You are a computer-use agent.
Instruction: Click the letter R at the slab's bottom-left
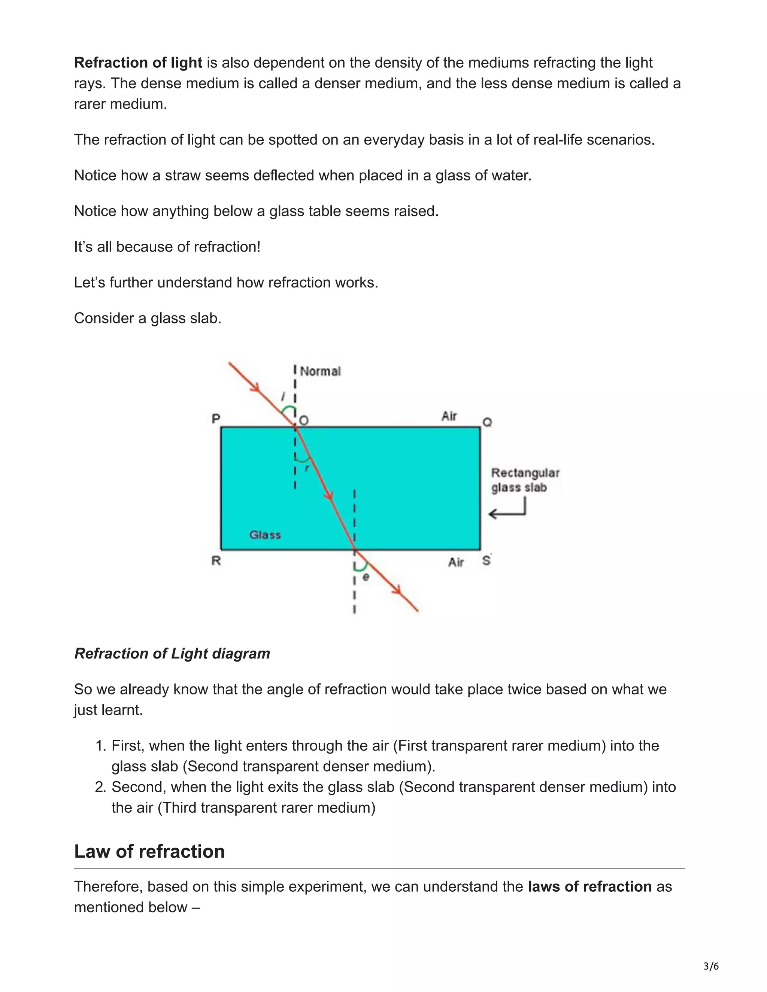216,561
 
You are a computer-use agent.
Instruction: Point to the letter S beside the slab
486,560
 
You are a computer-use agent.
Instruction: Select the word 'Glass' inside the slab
265,535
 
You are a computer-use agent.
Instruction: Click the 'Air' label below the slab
456,562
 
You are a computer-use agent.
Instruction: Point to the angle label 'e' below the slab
366,577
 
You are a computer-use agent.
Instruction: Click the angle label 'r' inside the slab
307,468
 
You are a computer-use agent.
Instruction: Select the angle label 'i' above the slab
284,396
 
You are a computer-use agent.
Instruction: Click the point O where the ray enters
303,421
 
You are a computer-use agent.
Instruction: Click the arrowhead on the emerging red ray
397,590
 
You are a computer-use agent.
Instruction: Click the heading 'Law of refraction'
149,851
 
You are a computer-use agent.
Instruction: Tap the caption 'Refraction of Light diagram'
172,653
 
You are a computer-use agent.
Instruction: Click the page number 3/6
711,966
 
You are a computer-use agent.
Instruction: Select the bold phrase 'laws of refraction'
589,886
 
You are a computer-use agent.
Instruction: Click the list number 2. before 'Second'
100,787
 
